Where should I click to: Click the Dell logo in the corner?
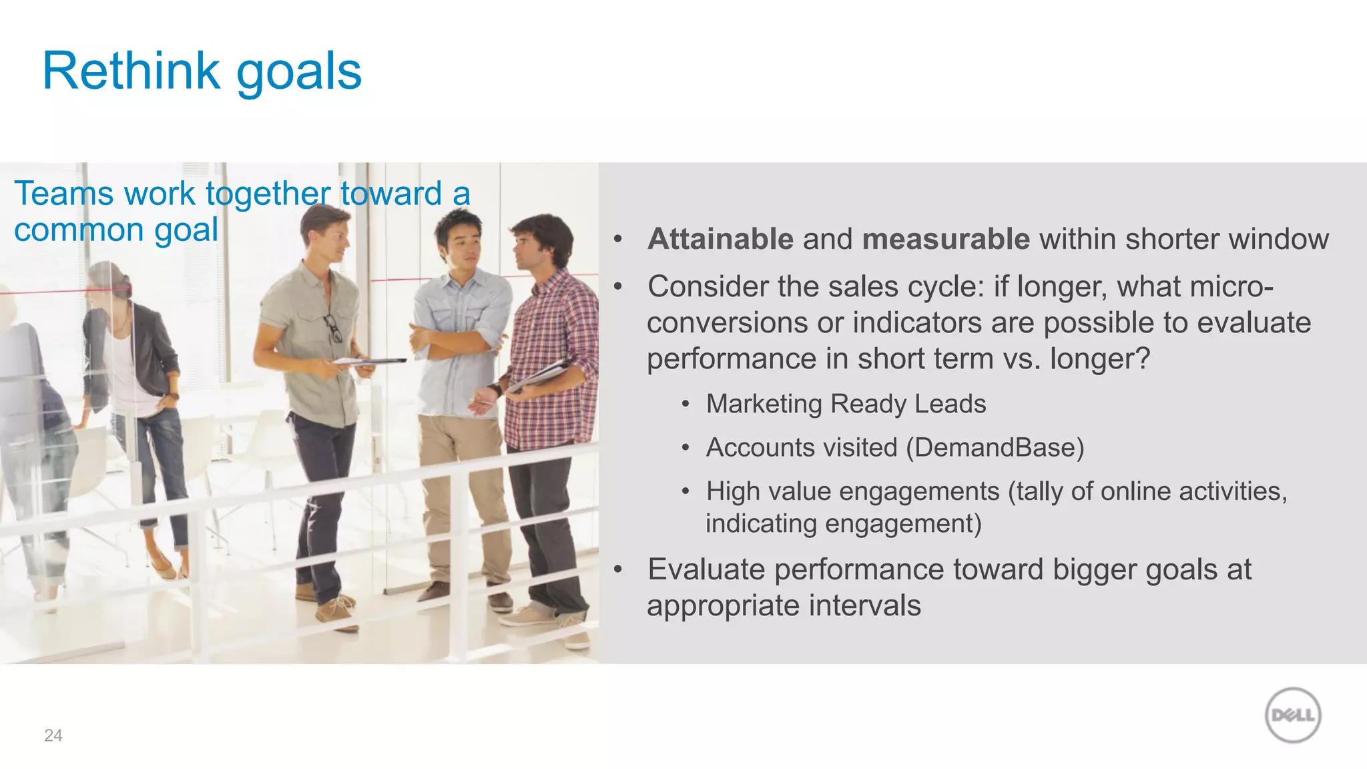click(x=1293, y=715)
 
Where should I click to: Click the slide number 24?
click(x=53, y=736)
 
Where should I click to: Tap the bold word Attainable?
click(x=720, y=239)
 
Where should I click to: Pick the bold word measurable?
click(x=946, y=239)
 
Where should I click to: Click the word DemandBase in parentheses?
click(x=995, y=447)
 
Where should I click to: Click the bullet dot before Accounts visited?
click(x=686, y=448)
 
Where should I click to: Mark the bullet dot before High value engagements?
click(x=686, y=492)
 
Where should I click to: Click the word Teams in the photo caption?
click(x=64, y=194)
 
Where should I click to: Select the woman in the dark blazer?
click(x=133, y=374)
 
